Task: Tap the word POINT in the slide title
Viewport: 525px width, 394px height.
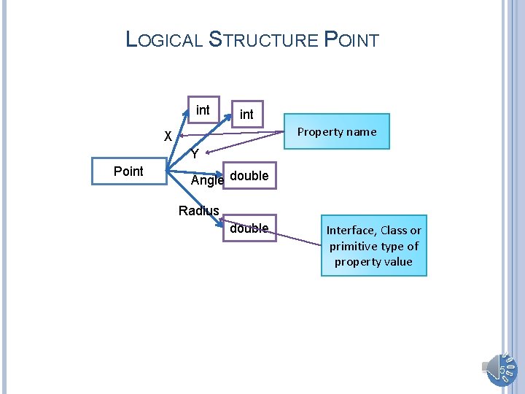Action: click(351, 39)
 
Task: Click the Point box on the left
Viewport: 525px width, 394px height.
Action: click(128, 171)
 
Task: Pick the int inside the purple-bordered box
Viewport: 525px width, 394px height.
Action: click(203, 110)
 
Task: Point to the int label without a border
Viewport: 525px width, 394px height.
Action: click(246, 115)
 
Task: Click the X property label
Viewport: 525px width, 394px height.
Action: click(168, 136)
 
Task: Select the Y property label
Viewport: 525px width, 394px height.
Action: click(195, 154)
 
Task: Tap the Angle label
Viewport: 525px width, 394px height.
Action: click(207, 180)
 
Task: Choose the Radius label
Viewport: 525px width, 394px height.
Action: click(198, 211)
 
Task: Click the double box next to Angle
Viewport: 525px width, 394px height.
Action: click(250, 176)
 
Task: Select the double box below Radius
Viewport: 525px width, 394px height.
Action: click(249, 228)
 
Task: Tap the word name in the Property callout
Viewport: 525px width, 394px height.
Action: click(362, 132)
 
